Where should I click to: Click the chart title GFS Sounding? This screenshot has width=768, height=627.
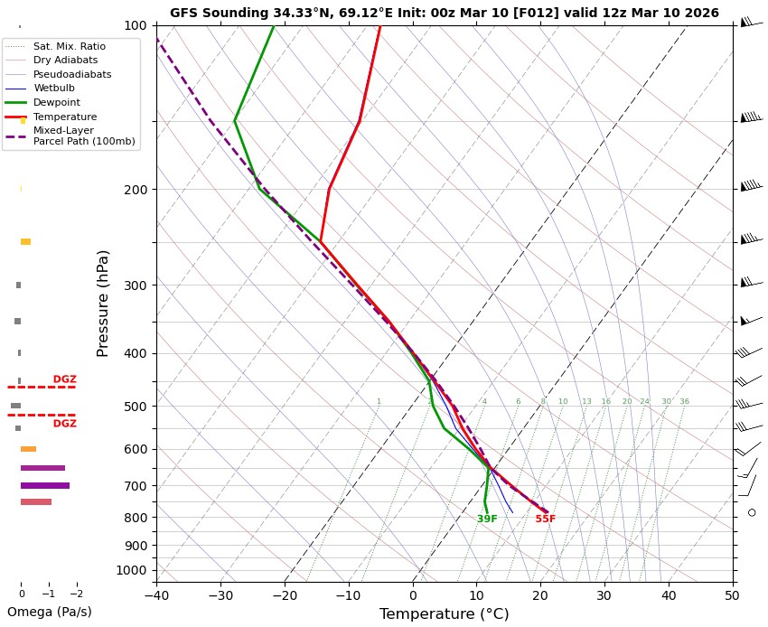[444, 13]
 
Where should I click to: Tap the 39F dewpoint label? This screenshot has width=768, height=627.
[487, 519]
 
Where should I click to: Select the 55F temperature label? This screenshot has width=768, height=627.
[545, 519]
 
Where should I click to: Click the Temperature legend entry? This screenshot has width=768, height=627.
[65, 117]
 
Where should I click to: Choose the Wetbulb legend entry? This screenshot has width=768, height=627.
[54, 89]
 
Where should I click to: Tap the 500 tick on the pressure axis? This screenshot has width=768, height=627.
[136, 407]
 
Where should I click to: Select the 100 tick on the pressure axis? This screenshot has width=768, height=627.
[136, 25]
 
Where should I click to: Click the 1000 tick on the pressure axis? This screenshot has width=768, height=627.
[132, 570]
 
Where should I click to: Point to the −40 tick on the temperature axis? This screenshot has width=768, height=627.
[156, 595]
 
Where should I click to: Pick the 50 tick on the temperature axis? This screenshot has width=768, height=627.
[733, 595]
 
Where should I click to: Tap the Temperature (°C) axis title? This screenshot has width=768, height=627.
[444, 614]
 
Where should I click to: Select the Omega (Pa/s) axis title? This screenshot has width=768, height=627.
[49, 612]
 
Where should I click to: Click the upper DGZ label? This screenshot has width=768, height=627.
[65, 379]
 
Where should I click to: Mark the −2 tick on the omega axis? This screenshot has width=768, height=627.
[76, 594]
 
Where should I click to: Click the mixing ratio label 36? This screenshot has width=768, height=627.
[684, 401]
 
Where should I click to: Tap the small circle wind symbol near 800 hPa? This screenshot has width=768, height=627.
[752, 512]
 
